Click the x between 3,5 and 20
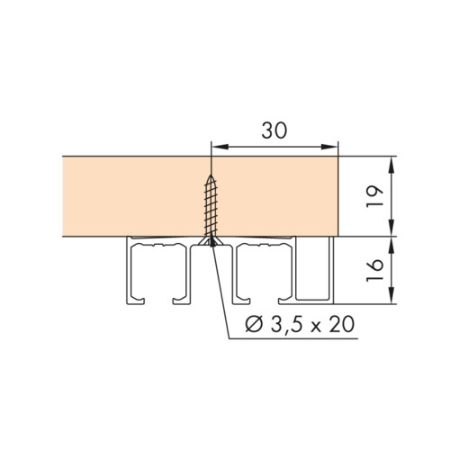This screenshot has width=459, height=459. [x=311, y=325]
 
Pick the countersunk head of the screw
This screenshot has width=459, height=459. [x=210, y=240]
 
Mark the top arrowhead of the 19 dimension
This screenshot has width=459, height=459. [x=393, y=163]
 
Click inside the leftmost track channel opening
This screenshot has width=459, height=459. [x=159, y=270]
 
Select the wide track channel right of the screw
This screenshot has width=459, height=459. [x=262, y=270]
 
